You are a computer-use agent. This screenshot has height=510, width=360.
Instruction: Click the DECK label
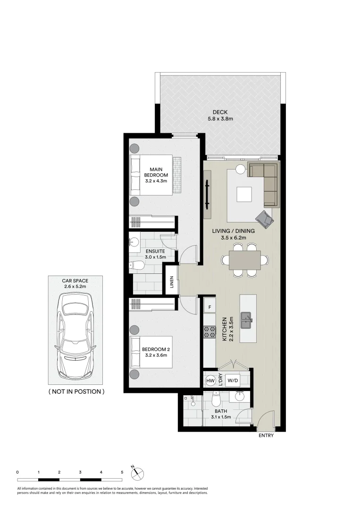220,112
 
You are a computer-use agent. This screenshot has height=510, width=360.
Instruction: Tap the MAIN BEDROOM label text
156,172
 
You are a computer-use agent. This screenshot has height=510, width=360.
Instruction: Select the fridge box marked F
209,307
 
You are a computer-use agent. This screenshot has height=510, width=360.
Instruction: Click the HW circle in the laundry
210,380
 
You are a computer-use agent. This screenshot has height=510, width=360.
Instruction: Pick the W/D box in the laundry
232,380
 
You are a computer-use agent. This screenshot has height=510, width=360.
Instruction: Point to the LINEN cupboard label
172,281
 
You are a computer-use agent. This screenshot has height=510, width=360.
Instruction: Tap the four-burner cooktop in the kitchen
209,332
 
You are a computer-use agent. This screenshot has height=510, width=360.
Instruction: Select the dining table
245,260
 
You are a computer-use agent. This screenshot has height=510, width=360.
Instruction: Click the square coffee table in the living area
243,194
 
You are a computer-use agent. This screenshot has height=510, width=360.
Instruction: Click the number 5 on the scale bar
122,472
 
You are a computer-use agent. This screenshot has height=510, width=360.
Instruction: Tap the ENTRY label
266,435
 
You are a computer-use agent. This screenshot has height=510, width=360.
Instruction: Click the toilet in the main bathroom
216,399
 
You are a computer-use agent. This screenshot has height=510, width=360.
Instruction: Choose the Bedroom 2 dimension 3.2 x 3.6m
156,355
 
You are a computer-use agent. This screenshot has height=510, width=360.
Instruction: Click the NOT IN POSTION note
76,391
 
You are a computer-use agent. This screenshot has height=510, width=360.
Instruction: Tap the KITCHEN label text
224,329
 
